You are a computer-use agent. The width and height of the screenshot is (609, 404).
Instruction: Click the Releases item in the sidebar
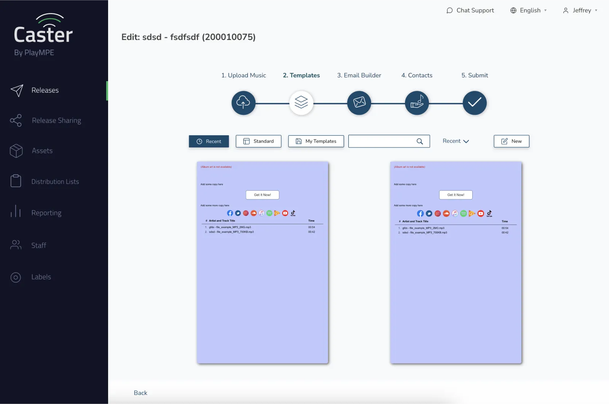pyautogui.click(x=45, y=90)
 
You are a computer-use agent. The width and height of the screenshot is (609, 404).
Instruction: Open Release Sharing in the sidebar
pyautogui.click(x=56, y=120)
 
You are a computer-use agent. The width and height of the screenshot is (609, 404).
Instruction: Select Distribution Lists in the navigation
pyautogui.click(x=55, y=181)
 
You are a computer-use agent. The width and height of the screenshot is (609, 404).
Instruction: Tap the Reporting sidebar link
pyautogui.click(x=46, y=213)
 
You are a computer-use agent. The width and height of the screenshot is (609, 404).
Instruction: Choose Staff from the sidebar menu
pyautogui.click(x=38, y=245)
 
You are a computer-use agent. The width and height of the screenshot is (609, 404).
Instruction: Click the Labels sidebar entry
pyautogui.click(x=41, y=277)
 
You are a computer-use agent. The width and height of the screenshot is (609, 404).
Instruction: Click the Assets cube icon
pyautogui.click(x=16, y=151)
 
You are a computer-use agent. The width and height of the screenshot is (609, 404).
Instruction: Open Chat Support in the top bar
pyautogui.click(x=470, y=10)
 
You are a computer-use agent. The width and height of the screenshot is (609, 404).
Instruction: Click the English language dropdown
pyautogui.click(x=529, y=10)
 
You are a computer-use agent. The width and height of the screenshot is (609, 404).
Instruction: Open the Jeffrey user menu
pyautogui.click(x=580, y=10)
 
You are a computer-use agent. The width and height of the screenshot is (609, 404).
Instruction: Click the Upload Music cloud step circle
pyautogui.click(x=243, y=103)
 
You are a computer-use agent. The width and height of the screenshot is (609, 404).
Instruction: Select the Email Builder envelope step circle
pyautogui.click(x=359, y=103)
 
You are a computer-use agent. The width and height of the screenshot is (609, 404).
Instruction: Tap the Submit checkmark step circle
pyautogui.click(x=474, y=103)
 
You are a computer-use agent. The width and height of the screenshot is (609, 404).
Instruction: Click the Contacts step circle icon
pyautogui.click(x=417, y=103)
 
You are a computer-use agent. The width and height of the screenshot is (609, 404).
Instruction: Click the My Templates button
pyautogui.click(x=316, y=141)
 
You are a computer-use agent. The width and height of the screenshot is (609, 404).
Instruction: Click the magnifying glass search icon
pyautogui.click(x=419, y=141)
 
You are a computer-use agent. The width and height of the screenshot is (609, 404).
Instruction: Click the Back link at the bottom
pyautogui.click(x=140, y=393)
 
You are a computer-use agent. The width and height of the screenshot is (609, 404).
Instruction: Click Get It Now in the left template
pyautogui.click(x=262, y=195)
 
